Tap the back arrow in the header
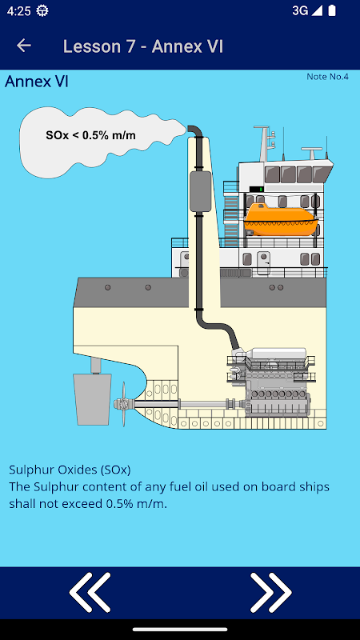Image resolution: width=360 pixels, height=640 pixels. tap(24, 46)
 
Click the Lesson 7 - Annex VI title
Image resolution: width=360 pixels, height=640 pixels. tap(143, 46)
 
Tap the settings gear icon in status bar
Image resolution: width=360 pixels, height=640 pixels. tap(42, 11)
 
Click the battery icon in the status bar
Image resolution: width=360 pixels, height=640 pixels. tap(332, 11)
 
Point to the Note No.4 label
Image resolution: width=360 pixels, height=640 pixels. tap(327, 77)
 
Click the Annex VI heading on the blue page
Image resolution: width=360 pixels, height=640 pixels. tap(36, 82)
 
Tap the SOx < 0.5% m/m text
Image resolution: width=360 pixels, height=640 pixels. tap(90, 135)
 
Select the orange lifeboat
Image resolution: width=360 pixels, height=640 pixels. tap(281, 219)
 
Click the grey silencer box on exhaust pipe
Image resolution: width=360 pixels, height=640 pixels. tap(201, 191)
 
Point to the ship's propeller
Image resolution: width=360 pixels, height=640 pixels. tap(123, 404)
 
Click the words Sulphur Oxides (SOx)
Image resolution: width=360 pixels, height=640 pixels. tap(70, 470)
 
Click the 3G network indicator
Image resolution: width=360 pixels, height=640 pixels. tap(300, 11)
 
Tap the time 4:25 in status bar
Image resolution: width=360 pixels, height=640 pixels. tap(18, 11)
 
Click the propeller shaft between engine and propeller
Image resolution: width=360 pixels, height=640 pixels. tap(181, 404)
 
